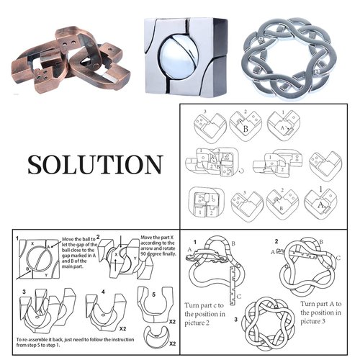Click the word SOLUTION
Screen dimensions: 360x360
[95, 164]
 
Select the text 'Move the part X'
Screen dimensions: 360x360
[161, 238]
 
